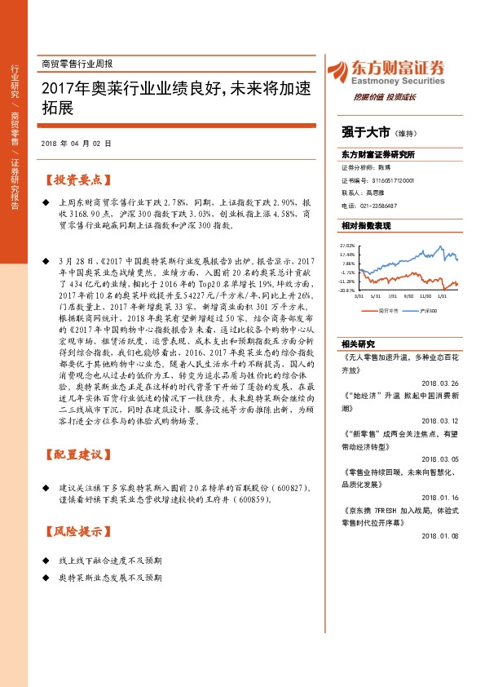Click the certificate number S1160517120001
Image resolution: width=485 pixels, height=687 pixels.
pos(387,180)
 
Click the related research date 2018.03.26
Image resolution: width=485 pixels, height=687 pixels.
pos(442,383)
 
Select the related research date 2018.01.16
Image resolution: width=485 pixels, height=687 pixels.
pos(442,494)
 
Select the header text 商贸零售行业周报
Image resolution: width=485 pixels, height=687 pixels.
pos(77,63)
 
